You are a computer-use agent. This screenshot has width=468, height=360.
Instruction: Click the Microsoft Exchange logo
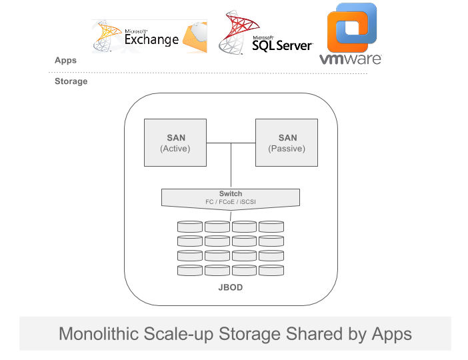coord(149,36)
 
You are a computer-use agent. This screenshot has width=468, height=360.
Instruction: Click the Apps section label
coord(65,60)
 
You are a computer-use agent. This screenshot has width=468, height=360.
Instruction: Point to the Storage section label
coord(71,81)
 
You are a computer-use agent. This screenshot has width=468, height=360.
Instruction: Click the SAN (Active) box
coord(175,143)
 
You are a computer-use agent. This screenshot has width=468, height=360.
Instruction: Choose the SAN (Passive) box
coord(287,143)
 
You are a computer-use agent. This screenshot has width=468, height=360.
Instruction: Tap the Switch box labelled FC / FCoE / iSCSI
coord(231,198)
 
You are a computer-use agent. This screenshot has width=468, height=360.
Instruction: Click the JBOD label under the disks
coord(231,287)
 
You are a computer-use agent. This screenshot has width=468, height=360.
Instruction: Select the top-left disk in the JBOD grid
coord(190,227)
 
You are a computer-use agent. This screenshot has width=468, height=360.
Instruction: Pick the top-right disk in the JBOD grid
coord(271,227)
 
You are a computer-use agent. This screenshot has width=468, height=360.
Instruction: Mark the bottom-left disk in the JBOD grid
coord(190,271)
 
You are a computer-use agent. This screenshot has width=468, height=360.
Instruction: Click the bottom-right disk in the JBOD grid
coord(271,271)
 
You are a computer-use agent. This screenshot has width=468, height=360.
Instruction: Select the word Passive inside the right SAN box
coord(287,149)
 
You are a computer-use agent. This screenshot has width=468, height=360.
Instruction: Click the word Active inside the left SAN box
coord(175,149)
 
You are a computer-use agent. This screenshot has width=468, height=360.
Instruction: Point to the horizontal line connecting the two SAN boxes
coord(231,143)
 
